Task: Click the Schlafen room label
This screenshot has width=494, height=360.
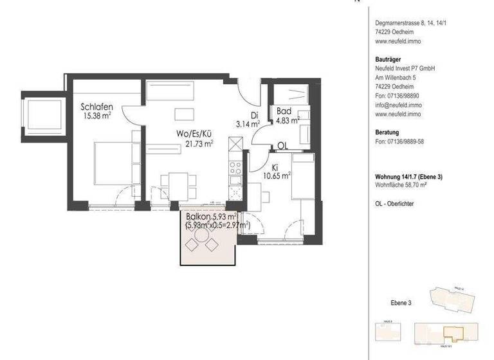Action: tap(98, 107)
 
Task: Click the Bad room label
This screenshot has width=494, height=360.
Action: tap(284, 111)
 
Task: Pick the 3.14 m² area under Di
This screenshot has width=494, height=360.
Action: tap(246, 124)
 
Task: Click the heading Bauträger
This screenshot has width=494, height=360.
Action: tap(388, 59)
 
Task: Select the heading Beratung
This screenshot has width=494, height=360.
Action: tap(387, 132)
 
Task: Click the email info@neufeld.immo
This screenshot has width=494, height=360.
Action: tap(398, 104)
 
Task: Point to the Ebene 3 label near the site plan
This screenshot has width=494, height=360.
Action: tap(401, 302)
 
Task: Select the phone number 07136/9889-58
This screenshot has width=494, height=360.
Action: tap(405, 141)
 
